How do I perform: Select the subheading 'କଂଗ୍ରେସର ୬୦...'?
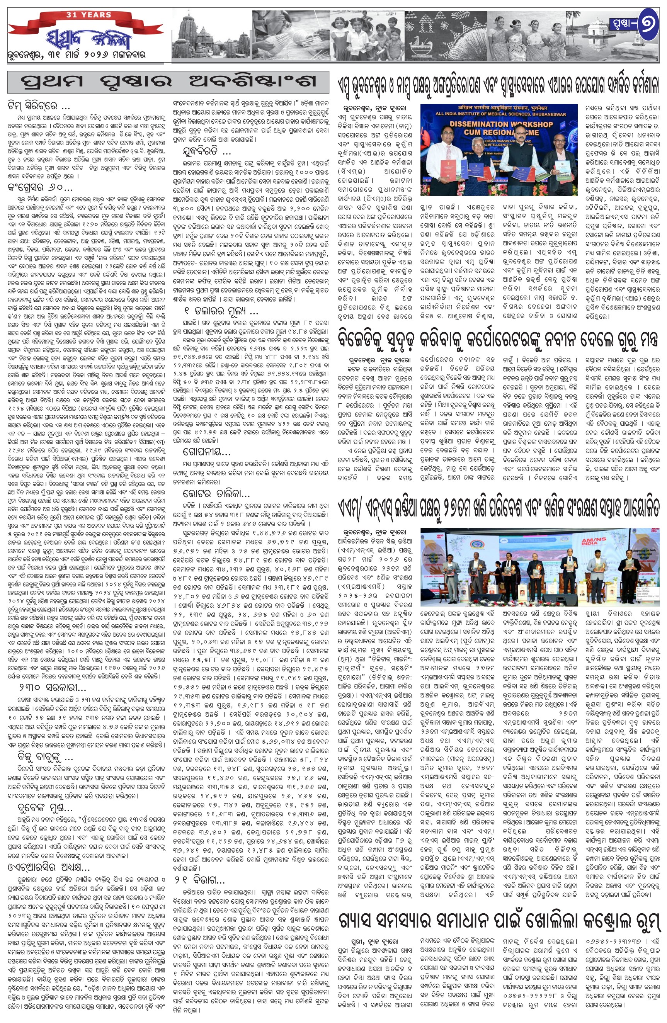click(x=39, y=188)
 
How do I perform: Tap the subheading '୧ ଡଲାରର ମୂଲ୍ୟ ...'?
click(x=217, y=310)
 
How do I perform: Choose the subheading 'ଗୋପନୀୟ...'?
click(x=202, y=452)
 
